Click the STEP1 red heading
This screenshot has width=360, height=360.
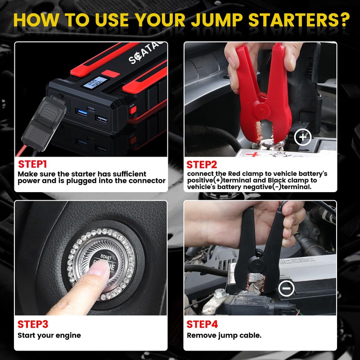coord(32,164)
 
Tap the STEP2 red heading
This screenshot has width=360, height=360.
coord(202,165)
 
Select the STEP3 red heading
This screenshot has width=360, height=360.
coord(33,324)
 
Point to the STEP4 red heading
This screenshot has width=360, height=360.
coord(202,324)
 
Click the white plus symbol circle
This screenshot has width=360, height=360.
coord(303,137)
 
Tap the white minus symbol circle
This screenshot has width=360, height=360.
coord(286,288)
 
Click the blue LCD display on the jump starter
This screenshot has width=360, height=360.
coord(95,83)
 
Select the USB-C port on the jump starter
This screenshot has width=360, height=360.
coord(91,109)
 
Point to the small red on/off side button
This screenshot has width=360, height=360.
coord(132,110)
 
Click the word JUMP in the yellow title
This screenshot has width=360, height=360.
coord(217,20)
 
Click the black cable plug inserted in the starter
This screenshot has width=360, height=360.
coord(43,124)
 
